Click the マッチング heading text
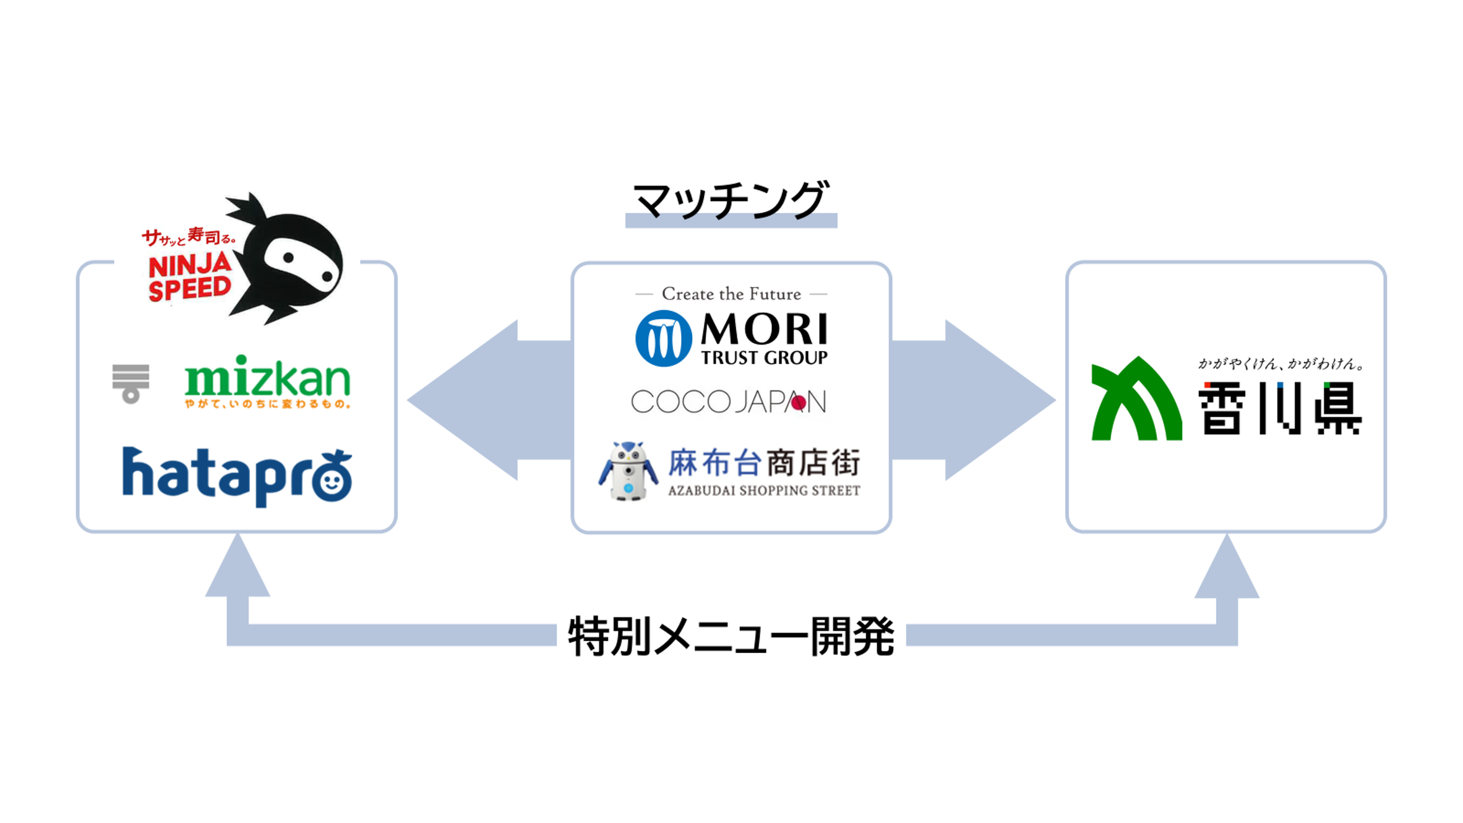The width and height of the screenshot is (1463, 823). pyautogui.click(x=730, y=200)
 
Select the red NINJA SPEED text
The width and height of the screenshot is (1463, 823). pyautogui.click(x=190, y=278)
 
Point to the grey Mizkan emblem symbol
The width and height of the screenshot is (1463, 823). pyautogui.click(x=131, y=383)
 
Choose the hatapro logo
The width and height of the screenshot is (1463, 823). pyautogui.click(x=237, y=476)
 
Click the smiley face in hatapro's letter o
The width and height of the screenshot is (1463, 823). pyautogui.click(x=332, y=480)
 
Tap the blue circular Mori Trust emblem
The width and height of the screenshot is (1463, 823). pyautogui.click(x=663, y=338)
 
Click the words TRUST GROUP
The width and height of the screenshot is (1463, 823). pyautogui.click(x=764, y=358)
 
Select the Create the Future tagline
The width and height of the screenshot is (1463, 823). pyautogui.click(x=731, y=294)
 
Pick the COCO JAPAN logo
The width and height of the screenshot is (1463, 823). pyautogui.click(x=728, y=402)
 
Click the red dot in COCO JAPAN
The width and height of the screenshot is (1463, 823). pyautogui.click(x=799, y=403)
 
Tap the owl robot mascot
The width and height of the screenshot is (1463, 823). pyautogui.click(x=628, y=471)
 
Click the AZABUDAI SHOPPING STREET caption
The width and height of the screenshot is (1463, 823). pyautogui.click(x=764, y=491)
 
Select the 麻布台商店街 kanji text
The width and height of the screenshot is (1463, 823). pyautogui.click(x=764, y=463)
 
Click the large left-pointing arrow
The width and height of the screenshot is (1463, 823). pyautogui.click(x=489, y=400)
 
